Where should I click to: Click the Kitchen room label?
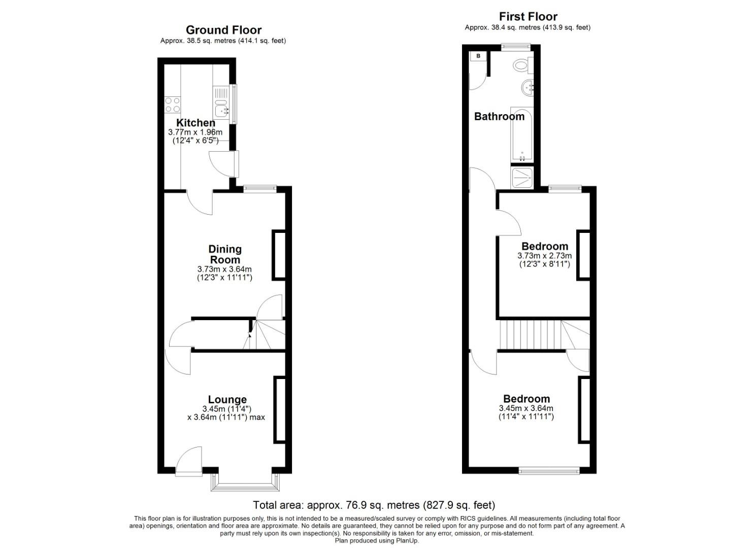click(x=195, y=123)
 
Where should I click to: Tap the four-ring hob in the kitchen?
click(x=172, y=105)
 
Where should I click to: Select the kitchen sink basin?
click(x=221, y=110)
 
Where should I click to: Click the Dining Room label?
click(x=225, y=254)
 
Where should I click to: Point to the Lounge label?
click(x=227, y=399)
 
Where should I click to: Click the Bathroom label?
click(x=499, y=116)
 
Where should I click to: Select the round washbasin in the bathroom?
click(x=528, y=88)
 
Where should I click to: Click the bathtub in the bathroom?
click(x=522, y=134)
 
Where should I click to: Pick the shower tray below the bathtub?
click(x=522, y=177)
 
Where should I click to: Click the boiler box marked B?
click(x=478, y=56)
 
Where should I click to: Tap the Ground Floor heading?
click(x=223, y=30)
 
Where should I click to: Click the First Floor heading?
click(x=528, y=16)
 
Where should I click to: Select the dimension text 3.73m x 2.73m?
click(x=545, y=256)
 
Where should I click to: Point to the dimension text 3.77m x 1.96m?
click(x=195, y=132)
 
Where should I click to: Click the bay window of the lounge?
click(x=245, y=483)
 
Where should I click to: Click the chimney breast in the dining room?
click(x=279, y=255)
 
